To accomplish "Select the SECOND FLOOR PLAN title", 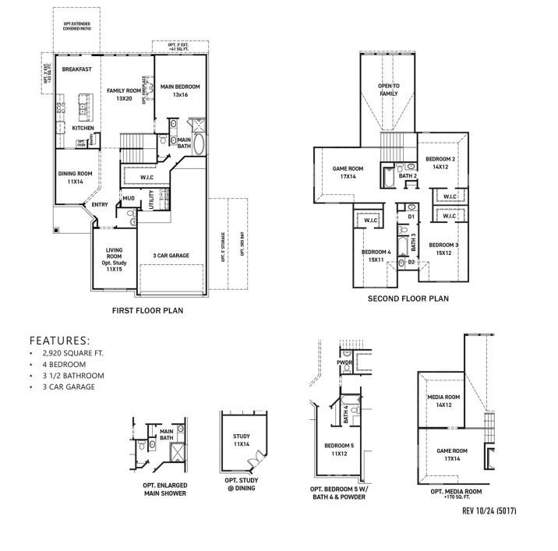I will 408,298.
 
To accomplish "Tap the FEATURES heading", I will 59,341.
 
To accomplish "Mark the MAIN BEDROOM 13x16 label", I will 181,90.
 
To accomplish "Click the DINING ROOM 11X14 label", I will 76,178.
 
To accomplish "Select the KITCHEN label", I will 83,127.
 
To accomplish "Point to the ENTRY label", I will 100,205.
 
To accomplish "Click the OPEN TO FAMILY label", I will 388,90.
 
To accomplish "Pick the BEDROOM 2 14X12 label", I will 440,162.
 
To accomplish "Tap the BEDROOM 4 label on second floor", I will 376,255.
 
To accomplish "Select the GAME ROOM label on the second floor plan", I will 348,172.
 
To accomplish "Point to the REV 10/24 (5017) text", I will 490,510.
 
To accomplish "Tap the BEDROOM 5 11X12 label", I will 339,449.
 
